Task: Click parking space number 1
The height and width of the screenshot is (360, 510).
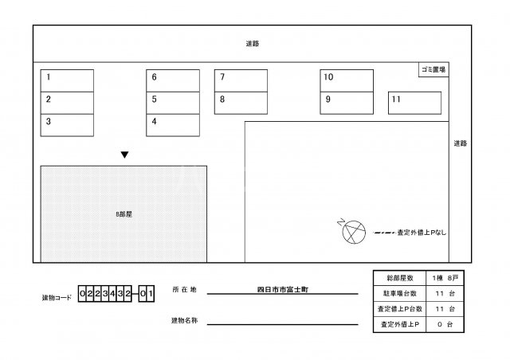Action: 67,80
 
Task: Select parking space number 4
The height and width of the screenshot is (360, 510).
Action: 172,124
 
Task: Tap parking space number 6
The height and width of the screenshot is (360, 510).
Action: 172,80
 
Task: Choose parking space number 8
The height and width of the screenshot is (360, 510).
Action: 241,102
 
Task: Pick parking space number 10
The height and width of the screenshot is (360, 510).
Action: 347,80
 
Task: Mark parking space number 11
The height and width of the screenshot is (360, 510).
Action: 414,103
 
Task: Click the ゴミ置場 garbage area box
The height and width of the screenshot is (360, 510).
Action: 433,70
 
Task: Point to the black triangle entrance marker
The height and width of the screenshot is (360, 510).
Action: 124,155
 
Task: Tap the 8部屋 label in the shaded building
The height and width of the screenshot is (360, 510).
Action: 124,214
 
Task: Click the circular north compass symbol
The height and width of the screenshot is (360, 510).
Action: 351,233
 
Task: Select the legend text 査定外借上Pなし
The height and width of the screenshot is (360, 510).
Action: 422,233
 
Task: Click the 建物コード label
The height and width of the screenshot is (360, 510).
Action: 57,298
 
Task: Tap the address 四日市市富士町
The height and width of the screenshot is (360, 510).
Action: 279,289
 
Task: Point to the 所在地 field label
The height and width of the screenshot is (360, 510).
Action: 183,289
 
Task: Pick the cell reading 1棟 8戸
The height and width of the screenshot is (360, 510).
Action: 444,278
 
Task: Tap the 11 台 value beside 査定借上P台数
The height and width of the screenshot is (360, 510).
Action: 444,309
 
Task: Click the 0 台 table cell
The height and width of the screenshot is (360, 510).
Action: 444,325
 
